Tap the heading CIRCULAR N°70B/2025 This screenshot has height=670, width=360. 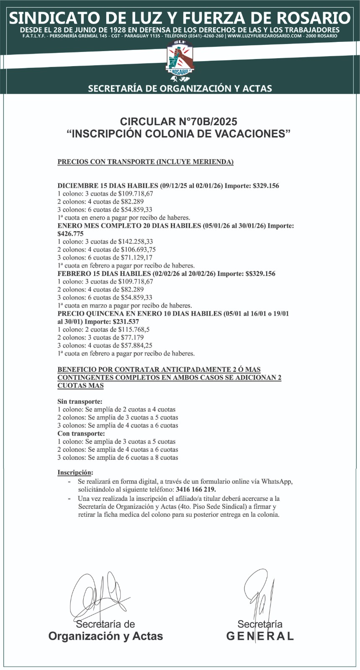[x=179, y=122]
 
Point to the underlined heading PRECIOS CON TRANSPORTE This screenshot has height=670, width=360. [x=145, y=162]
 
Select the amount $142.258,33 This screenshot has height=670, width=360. [x=136, y=242]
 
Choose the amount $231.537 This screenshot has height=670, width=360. [x=126, y=322]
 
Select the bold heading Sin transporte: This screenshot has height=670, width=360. [x=80, y=402]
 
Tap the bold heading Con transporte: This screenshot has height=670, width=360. [x=81, y=433]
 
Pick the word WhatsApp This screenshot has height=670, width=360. [x=277, y=482]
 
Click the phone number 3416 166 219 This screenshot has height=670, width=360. [x=196, y=490]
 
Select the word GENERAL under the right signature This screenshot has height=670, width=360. [x=260, y=636]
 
